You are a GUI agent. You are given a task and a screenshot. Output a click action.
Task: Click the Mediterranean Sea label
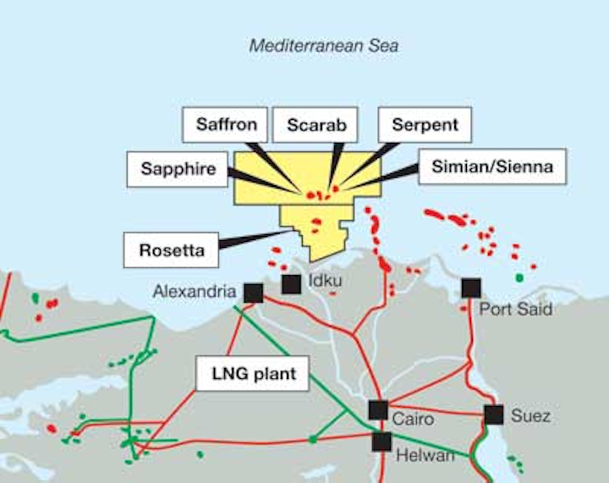[323, 46]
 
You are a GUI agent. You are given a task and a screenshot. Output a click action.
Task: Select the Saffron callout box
[226, 125]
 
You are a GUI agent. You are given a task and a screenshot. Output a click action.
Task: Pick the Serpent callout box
[425, 125]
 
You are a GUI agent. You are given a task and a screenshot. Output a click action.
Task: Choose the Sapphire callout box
[179, 168]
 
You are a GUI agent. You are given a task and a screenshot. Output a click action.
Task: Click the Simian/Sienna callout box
[491, 167]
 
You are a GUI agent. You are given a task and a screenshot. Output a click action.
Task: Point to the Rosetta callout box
[170, 250]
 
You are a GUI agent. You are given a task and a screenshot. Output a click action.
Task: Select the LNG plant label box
[252, 373]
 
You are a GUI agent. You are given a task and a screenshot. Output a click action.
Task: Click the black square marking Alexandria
[253, 293]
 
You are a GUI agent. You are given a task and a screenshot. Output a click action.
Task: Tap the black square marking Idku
[291, 284]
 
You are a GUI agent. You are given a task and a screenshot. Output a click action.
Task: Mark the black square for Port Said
[471, 288]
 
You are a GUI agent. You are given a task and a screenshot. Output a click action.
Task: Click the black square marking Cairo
[378, 410]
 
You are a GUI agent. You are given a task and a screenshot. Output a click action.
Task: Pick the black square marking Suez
[494, 414]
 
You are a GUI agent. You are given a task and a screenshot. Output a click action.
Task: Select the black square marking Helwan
[381, 441]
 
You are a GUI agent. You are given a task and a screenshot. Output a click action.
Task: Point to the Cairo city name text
[414, 419]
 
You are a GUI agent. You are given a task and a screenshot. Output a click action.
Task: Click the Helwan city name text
[425, 456]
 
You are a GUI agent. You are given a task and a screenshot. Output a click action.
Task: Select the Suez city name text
[531, 415]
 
